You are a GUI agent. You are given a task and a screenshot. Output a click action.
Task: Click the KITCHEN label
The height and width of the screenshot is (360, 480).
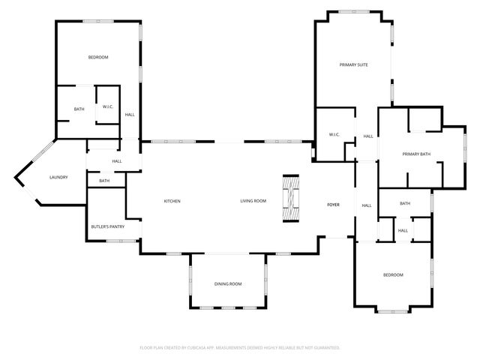pyautogui.click(x=172, y=201)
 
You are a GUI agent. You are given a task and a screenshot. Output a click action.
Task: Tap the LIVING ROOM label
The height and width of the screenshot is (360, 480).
pyautogui.click(x=253, y=201)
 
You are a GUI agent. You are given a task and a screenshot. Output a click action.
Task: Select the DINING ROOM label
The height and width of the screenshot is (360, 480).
pyautogui.click(x=229, y=284)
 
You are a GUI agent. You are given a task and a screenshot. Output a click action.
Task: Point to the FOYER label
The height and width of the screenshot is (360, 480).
pyautogui.click(x=333, y=205)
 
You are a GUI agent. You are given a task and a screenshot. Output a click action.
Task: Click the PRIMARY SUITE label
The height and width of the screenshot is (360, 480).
pyautogui.click(x=353, y=65)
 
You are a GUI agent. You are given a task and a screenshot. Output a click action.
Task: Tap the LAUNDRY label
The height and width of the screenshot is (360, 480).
pyautogui.click(x=58, y=178)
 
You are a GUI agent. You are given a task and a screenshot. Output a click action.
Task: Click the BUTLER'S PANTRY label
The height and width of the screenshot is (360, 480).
pyautogui.click(x=107, y=226)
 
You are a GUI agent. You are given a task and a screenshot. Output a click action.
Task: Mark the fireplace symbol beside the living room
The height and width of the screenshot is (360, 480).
pyautogui.click(x=290, y=199)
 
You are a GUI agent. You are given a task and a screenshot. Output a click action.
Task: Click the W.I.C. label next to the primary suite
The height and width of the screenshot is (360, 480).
pyautogui.click(x=334, y=135)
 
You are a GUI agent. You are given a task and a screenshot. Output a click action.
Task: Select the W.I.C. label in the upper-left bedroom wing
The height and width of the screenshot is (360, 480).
pyautogui.click(x=108, y=107)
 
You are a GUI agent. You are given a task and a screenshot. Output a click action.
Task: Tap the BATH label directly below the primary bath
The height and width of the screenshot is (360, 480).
pyautogui.click(x=405, y=204)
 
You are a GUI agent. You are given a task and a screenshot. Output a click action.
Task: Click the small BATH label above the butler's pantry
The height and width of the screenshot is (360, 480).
pyautogui.click(x=104, y=181)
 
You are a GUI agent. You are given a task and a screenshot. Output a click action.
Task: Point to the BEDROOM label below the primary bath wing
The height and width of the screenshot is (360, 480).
pyautogui.click(x=393, y=275)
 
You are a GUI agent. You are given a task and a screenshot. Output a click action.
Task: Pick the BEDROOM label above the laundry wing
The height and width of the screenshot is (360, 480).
pyautogui.click(x=98, y=58)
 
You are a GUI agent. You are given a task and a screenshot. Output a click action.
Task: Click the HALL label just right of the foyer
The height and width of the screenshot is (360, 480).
pyautogui.click(x=367, y=205)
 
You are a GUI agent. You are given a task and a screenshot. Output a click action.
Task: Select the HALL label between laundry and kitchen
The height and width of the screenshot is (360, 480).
pyautogui.click(x=117, y=161)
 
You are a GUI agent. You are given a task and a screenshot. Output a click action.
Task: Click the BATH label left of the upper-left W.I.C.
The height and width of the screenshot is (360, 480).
pyautogui.click(x=79, y=110)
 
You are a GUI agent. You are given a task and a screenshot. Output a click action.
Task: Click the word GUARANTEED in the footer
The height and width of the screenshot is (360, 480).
pyautogui.click(x=325, y=348)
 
